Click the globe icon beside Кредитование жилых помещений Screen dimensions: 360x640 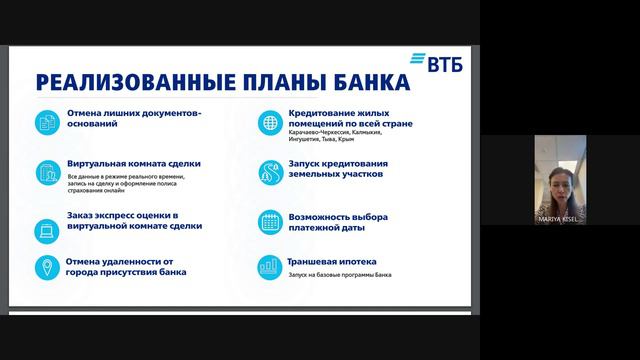click(x=267, y=123)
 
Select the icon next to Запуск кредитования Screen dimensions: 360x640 click(x=267, y=171)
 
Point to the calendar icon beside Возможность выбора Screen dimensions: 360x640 click(x=267, y=222)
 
